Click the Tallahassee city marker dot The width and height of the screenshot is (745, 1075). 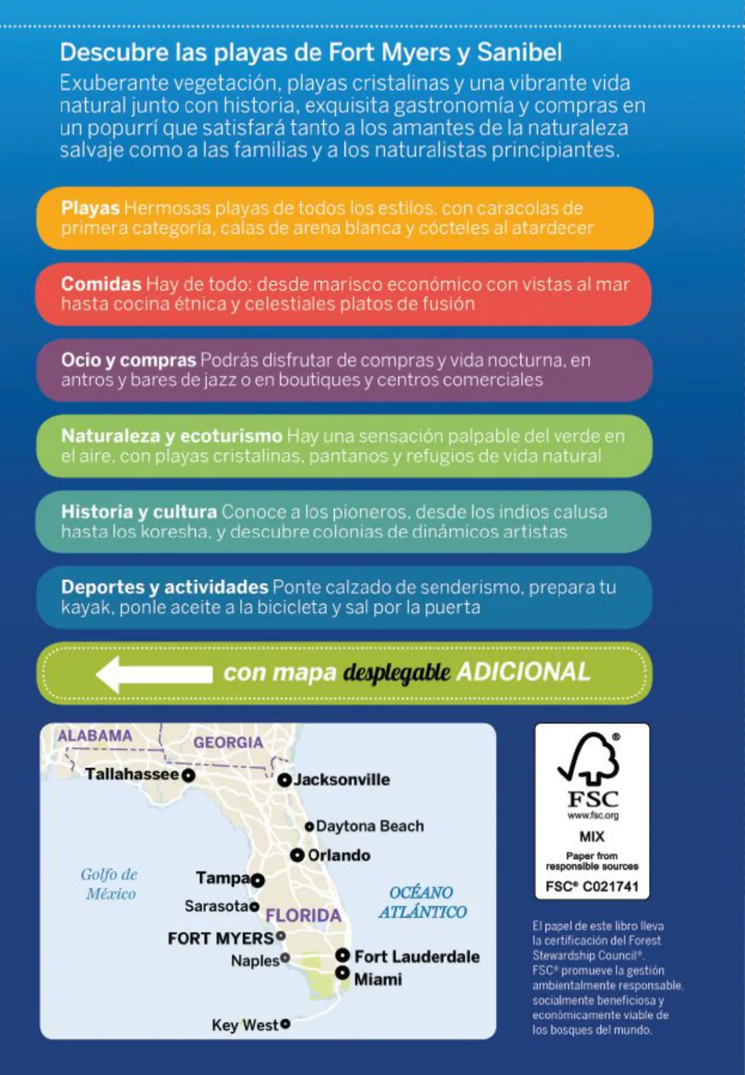coord(188,775)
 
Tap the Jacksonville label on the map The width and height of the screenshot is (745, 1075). coord(341,780)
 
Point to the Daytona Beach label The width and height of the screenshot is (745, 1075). coord(370,826)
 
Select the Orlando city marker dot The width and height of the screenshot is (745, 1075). coord(297,854)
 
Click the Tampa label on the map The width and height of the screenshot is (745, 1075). coord(223,878)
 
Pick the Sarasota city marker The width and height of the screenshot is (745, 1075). coord(254,906)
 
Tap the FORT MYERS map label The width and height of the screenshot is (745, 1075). coord(220,938)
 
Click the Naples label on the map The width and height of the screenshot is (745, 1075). coord(255,961)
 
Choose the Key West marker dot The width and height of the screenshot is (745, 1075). coord(285,1024)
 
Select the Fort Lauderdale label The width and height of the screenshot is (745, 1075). coord(417,956)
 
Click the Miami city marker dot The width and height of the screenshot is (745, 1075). coord(342,973)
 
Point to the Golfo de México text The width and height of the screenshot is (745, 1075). coord(110,884)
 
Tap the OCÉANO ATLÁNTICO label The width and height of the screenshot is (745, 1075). coord(422,902)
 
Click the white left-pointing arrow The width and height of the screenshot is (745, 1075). coord(154,673)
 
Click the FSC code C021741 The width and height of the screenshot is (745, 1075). coord(591,886)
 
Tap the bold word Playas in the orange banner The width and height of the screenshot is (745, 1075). coord(90,208)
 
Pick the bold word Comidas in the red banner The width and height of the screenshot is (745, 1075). coord(101,284)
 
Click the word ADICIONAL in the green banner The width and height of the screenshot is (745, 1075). coord(523,672)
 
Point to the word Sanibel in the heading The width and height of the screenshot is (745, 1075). coord(519,52)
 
